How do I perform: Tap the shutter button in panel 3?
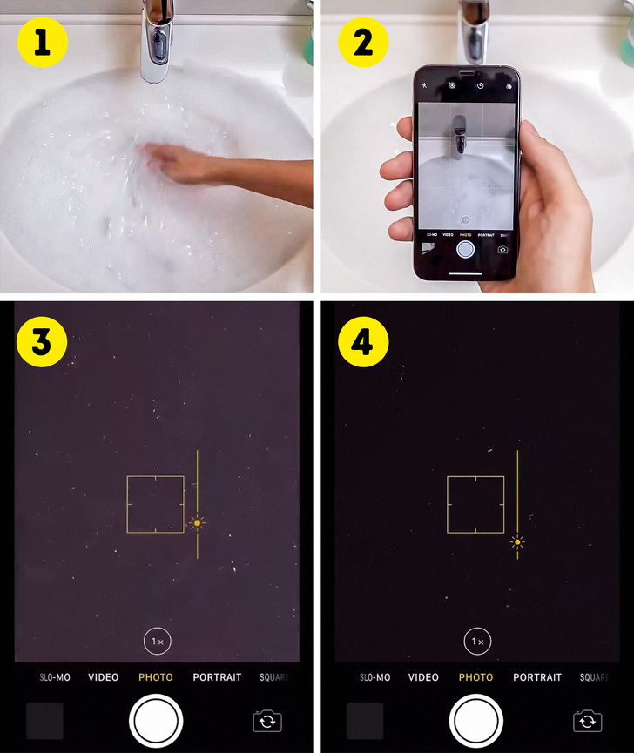pyautogui.click(x=156, y=721)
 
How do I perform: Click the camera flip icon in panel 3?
pyautogui.click(x=267, y=721)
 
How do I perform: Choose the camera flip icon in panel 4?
pyautogui.click(x=588, y=721)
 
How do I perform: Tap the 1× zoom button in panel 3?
pyautogui.click(x=158, y=642)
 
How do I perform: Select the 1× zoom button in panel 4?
pyautogui.click(x=477, y=642)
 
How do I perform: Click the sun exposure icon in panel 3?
pyautogui.click(x=198, y=522)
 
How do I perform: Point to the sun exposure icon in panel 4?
pyautogui.click(x=518, y=541)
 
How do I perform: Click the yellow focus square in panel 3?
pyautogui.click(x=155, y=504)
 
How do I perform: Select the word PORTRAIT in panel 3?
pyautogui.click(x=217, y=677)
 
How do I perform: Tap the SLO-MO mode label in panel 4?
pyautogui.click(x=375, y=677)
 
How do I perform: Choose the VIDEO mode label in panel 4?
pyautogui.click(x=423, y=677)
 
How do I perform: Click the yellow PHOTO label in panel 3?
pyautogui.click(x=156, y=677)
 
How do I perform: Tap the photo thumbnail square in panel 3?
pyautogui.click(x=44, y=721)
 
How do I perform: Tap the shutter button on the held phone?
pyautogui.click(x=466, y=249)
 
